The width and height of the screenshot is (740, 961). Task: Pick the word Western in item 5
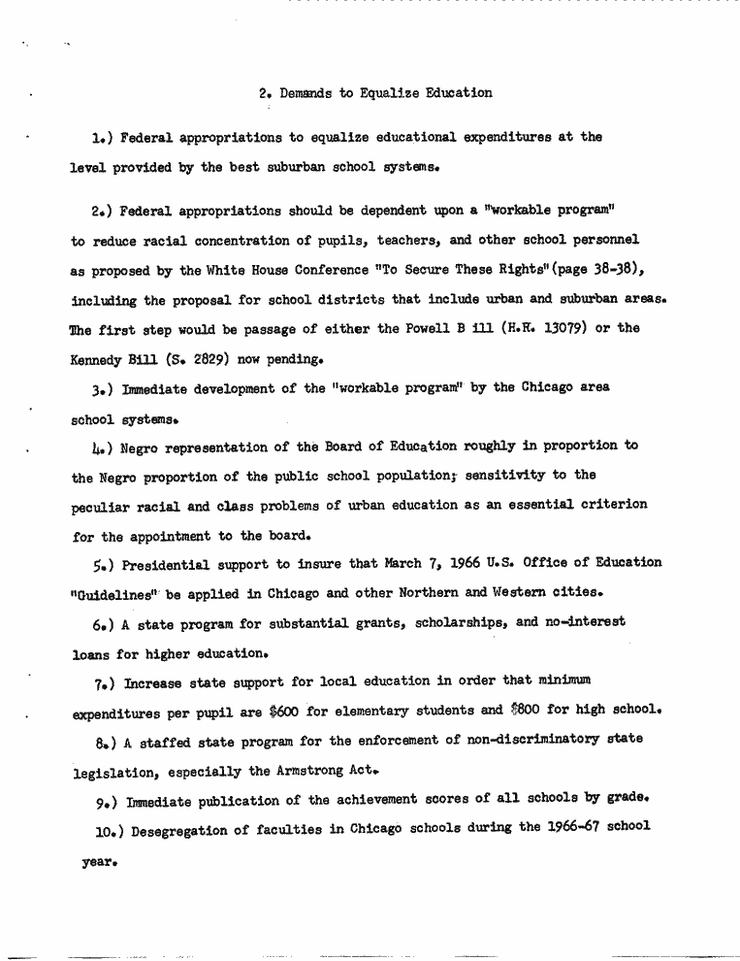coord(526,593)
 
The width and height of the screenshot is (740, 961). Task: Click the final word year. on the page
coord(101,858)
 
